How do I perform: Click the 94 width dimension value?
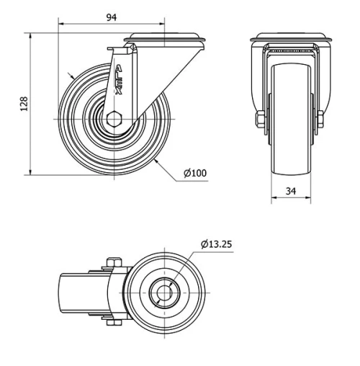(111, 17)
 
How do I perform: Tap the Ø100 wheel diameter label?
(195, 174)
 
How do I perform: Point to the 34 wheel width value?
(292, 191)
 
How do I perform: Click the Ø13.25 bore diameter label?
(217, 244)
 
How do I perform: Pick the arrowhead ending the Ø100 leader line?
(156, 163)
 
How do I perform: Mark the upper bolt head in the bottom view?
(112, 262)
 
